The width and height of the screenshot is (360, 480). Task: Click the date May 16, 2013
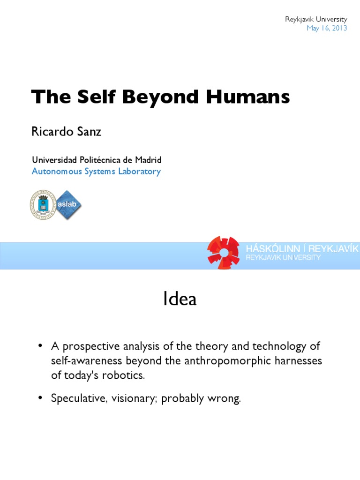click(327, 28)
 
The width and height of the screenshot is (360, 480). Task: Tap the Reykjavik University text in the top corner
click(316, 19)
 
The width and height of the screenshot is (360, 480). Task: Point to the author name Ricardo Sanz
click(66, 132)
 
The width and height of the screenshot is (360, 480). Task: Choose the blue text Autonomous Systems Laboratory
click(96, 171)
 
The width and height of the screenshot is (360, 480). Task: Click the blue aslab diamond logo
click(68, 204)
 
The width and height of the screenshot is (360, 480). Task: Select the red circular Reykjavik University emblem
click(224, 253)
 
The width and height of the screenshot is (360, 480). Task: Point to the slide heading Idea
click(180, 300)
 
